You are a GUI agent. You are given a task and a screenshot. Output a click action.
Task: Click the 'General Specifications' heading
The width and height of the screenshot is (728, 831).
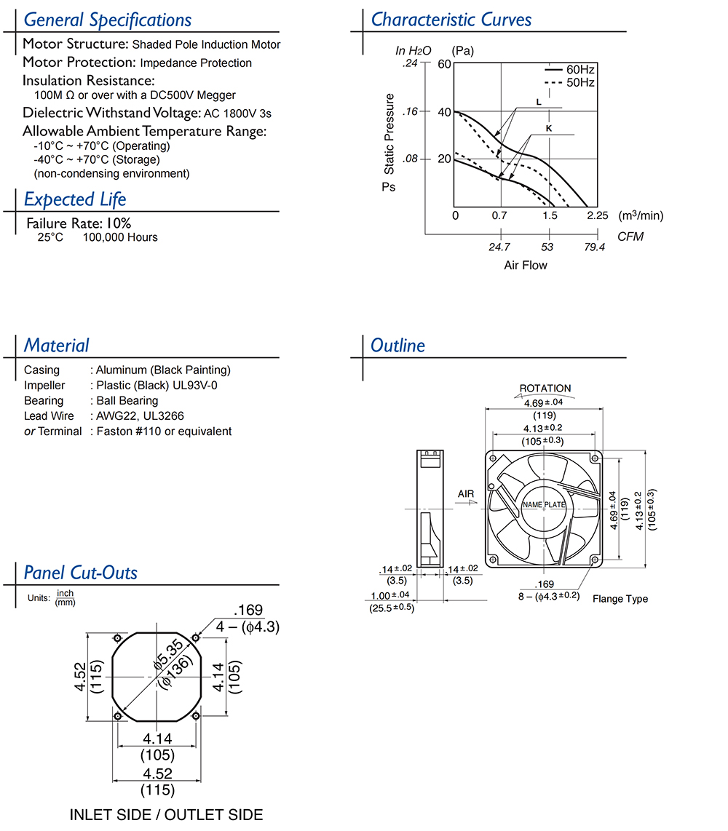point(108,20)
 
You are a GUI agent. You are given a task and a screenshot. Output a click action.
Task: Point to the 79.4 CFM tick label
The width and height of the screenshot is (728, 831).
point(595,247)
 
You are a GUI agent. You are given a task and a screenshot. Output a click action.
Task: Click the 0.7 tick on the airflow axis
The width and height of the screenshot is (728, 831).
point(499,216)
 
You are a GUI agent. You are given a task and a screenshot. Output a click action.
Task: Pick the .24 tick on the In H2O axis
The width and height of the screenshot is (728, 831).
point(411,64)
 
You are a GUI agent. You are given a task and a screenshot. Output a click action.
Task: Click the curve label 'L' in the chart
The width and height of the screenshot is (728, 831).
point(538,102)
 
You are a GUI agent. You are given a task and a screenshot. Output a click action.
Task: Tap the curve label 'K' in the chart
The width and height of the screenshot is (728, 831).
point(548,127)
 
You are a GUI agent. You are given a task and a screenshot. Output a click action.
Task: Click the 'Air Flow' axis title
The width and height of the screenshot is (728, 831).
point(525,266)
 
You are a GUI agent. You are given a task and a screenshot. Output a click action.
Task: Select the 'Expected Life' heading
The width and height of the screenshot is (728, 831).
point(75,199)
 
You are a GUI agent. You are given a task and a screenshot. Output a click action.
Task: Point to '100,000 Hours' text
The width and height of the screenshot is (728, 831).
point(120,237)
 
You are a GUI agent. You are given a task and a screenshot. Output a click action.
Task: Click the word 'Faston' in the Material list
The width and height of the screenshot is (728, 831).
point(114,431)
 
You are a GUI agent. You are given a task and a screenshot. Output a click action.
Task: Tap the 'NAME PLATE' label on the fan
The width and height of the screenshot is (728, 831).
point(544,504)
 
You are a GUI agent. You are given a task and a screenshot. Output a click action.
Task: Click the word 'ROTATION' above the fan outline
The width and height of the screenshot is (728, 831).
point(545,389)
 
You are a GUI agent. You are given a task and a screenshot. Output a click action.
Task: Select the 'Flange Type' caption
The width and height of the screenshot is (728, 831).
point(620,599)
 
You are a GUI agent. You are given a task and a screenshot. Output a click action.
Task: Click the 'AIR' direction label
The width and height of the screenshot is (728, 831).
point(466,495)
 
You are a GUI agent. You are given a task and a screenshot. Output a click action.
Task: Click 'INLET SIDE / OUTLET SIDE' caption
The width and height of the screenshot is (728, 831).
point(166,815)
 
